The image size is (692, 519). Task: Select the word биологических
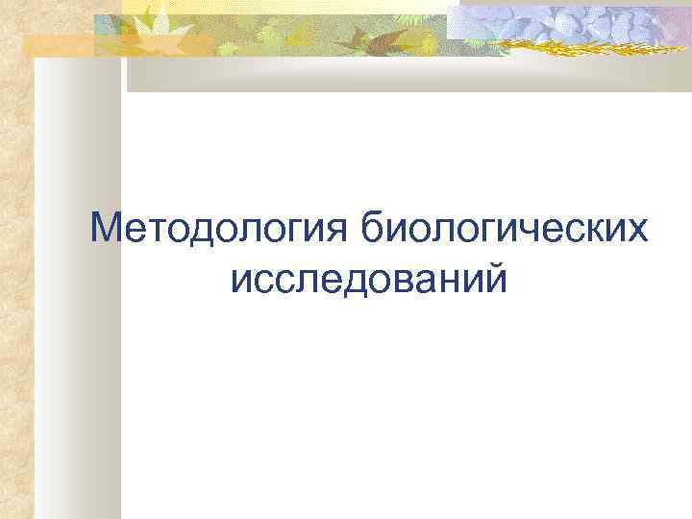[x=506, y=230]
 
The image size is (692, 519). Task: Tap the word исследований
[x=369, y=278]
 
